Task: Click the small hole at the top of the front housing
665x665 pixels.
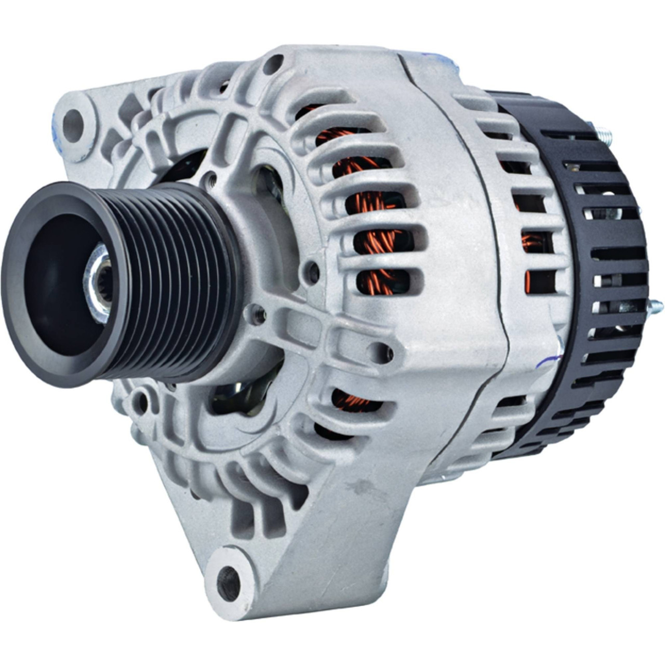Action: point(272,64)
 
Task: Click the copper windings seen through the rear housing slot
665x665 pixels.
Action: point(530,242)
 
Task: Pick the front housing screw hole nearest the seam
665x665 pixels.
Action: point(383,352)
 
